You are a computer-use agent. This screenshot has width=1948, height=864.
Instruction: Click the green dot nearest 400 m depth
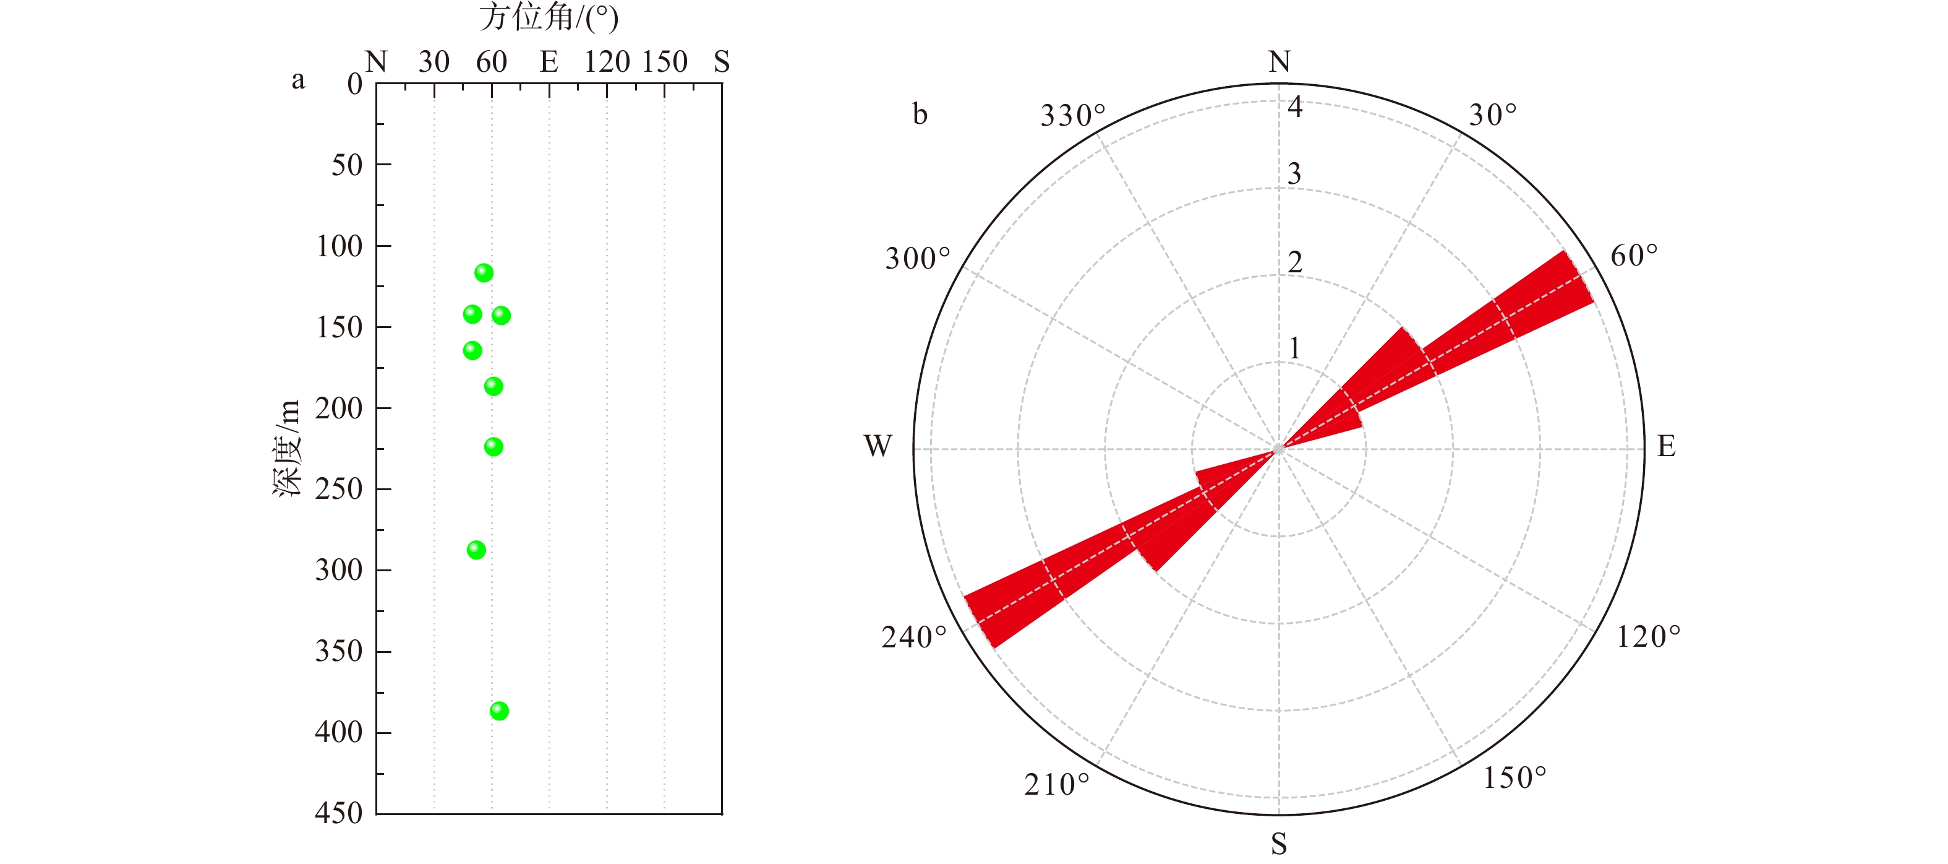tap(499, 711)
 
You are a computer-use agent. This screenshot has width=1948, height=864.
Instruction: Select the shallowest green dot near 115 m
tap(484, 272)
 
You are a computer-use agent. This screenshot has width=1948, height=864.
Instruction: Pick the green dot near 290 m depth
tap(476, 549)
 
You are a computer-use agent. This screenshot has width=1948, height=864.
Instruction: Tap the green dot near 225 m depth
tap(493, 446)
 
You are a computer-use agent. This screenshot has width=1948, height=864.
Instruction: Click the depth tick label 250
tap(339, 489)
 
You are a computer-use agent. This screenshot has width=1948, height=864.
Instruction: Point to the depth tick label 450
tap(339, 813)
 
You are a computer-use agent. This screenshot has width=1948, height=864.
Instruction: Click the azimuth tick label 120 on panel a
tap(607, 61)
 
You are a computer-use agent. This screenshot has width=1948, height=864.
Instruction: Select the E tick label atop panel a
tap(549, 61)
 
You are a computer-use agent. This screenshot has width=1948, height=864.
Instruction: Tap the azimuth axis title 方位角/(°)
tap(549, 17)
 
